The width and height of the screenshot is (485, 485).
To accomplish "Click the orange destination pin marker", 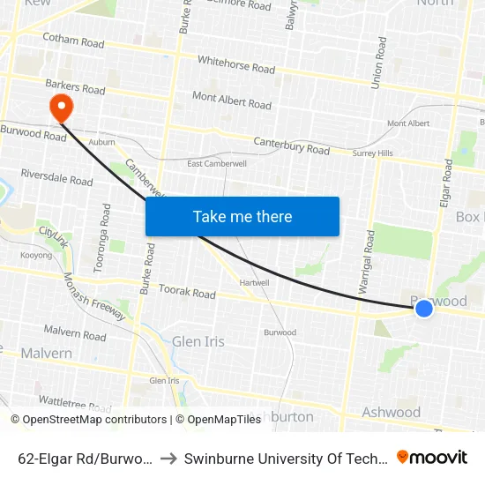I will coord(61,108).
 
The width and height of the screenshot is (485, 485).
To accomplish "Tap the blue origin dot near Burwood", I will coord(424,308).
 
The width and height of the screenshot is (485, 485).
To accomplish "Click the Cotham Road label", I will coord(73,41).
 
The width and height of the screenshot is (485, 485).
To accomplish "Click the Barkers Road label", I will coord(75,89).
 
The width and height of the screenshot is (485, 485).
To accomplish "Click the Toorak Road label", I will coord(186,291).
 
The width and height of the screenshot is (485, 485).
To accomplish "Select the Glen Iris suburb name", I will coord(198,341).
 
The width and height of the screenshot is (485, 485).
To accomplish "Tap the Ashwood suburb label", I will coord(391,412).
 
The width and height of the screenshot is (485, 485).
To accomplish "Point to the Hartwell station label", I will coord(254,282).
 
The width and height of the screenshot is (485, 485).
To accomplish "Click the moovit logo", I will coord(432,457).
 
